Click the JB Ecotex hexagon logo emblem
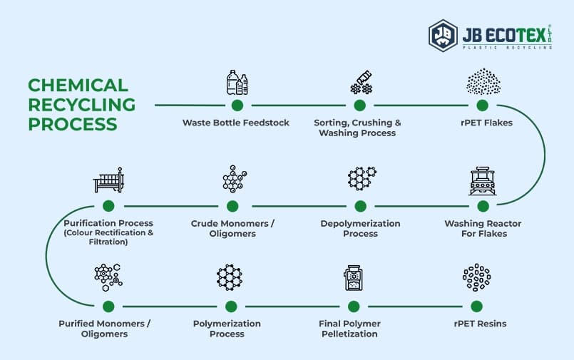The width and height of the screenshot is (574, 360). pyautogui.click(x=443, y=35)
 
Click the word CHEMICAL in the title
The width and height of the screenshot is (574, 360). pyautogui.click(x=78, y=86)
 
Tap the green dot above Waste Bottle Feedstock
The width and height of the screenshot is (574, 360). pyautogui.click(x=237, y=105)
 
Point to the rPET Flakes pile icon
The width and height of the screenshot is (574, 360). pyautogui.click(x=483, y=82)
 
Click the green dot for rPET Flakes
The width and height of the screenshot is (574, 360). pyautogui.click(x=483, y=105)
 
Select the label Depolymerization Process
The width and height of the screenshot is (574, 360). pyautogui.click(x=360, y=228)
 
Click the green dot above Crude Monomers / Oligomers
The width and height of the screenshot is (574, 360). pyautogui.click(x=232, y=206)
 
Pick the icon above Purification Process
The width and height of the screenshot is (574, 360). pyautogui.click(x=108, y=181)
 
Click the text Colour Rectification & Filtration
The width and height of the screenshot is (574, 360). pyautogui.click(x=108, y=237)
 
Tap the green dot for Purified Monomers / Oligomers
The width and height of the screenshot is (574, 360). pyautogui.click(x=108, y=307)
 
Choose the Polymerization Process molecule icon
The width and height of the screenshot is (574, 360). pyautogui.click(x=230, y=277)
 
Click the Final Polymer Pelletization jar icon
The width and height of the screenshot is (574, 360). pyautogui.click(x=352, y=277)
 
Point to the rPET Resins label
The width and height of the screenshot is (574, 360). pyautogui.click(x=480, y=324)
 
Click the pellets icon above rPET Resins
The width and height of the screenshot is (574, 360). pyautogui.click(x=476, y=277)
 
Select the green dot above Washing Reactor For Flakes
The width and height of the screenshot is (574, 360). pyautogui.click(x=483, y=206)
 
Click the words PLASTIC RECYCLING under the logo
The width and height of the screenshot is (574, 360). pyautogui.click(x=507, y=47)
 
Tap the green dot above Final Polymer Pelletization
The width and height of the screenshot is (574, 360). pyautogui.click(x=353, y=307)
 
